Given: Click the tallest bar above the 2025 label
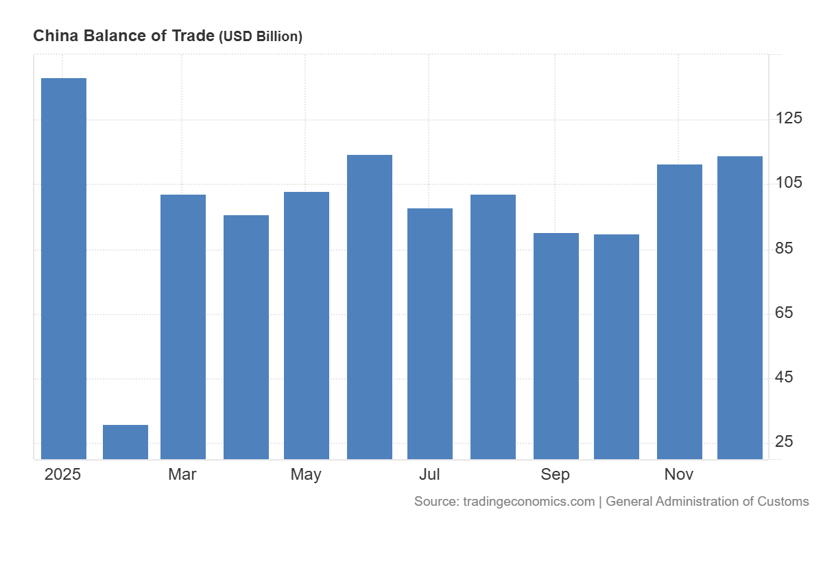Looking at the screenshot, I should (64, 267).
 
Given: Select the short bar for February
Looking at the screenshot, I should (126, 442).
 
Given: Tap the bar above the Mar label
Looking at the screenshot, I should (183, 326).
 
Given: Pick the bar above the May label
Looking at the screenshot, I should (307, 325).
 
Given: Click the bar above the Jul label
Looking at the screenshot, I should (430, 333).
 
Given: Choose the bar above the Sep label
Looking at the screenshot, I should (556, 345).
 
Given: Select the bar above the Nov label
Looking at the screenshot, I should (680, 311).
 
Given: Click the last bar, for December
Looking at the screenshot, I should (740, 307).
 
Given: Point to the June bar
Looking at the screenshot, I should (370, 306).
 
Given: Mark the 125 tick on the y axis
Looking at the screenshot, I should (789, 118).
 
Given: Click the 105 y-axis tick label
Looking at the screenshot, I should (789, 182).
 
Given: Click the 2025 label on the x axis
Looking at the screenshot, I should (62, 474).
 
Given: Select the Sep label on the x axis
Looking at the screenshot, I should (555, 474).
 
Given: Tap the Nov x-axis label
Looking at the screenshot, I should (679, 474).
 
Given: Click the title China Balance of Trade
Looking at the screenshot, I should (123, 36).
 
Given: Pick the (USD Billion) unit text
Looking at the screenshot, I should (261, 37).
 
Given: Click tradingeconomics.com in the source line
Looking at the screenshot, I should (529, 502).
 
